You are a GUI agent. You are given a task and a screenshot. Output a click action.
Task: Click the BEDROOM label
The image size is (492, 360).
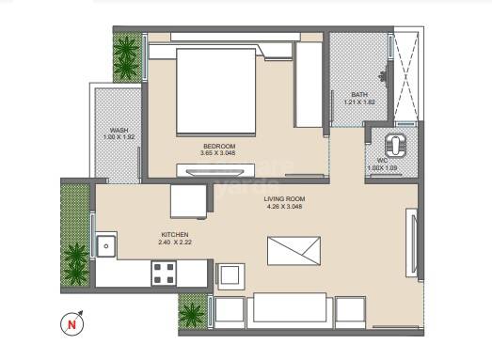pyautogui.click(x=218, y=145)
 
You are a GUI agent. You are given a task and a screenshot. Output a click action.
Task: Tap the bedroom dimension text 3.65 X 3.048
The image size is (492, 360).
pyautogui.click(x=218, y=152)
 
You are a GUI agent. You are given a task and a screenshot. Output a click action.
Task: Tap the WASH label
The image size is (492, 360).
pyautogui.click(x=119, y=130)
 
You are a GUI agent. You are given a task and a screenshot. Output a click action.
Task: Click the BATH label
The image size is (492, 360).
pyautogui.click(x=359, y=95)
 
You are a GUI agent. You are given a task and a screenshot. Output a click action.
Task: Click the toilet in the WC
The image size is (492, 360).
pyautogui.click(x=397, y=144)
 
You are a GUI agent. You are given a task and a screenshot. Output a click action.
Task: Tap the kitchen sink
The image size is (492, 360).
pyautogui.click(x=106, y=247)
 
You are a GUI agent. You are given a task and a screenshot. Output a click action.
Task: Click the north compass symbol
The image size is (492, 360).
pyautogui.click(x=71, y=325)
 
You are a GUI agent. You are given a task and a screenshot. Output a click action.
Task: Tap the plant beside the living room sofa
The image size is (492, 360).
pyautogui.click(x=193, y=311)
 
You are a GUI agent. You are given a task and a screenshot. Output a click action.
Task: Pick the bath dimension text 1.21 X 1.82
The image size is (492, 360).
pyautogui.click(x=359, y=102)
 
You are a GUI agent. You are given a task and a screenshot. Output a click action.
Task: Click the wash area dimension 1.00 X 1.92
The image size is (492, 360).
pyautogui.click(x=119, y=137)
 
